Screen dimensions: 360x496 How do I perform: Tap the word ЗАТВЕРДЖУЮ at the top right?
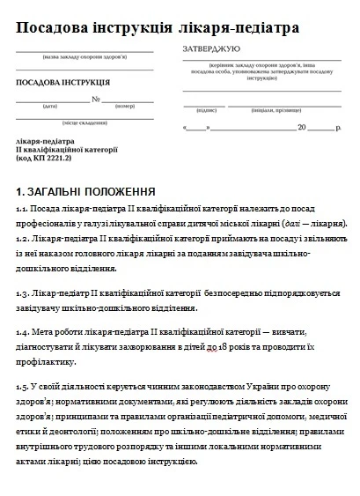[x=211, y=50]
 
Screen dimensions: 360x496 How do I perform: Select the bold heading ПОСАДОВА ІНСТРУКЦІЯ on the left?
[x=56, y=83]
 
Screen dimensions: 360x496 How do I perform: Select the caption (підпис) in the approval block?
[x=206, y=110]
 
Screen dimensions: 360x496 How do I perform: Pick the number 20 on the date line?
[x=302, y=129]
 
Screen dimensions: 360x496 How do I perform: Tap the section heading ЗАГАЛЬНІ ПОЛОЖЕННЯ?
[x=92, y=191]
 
